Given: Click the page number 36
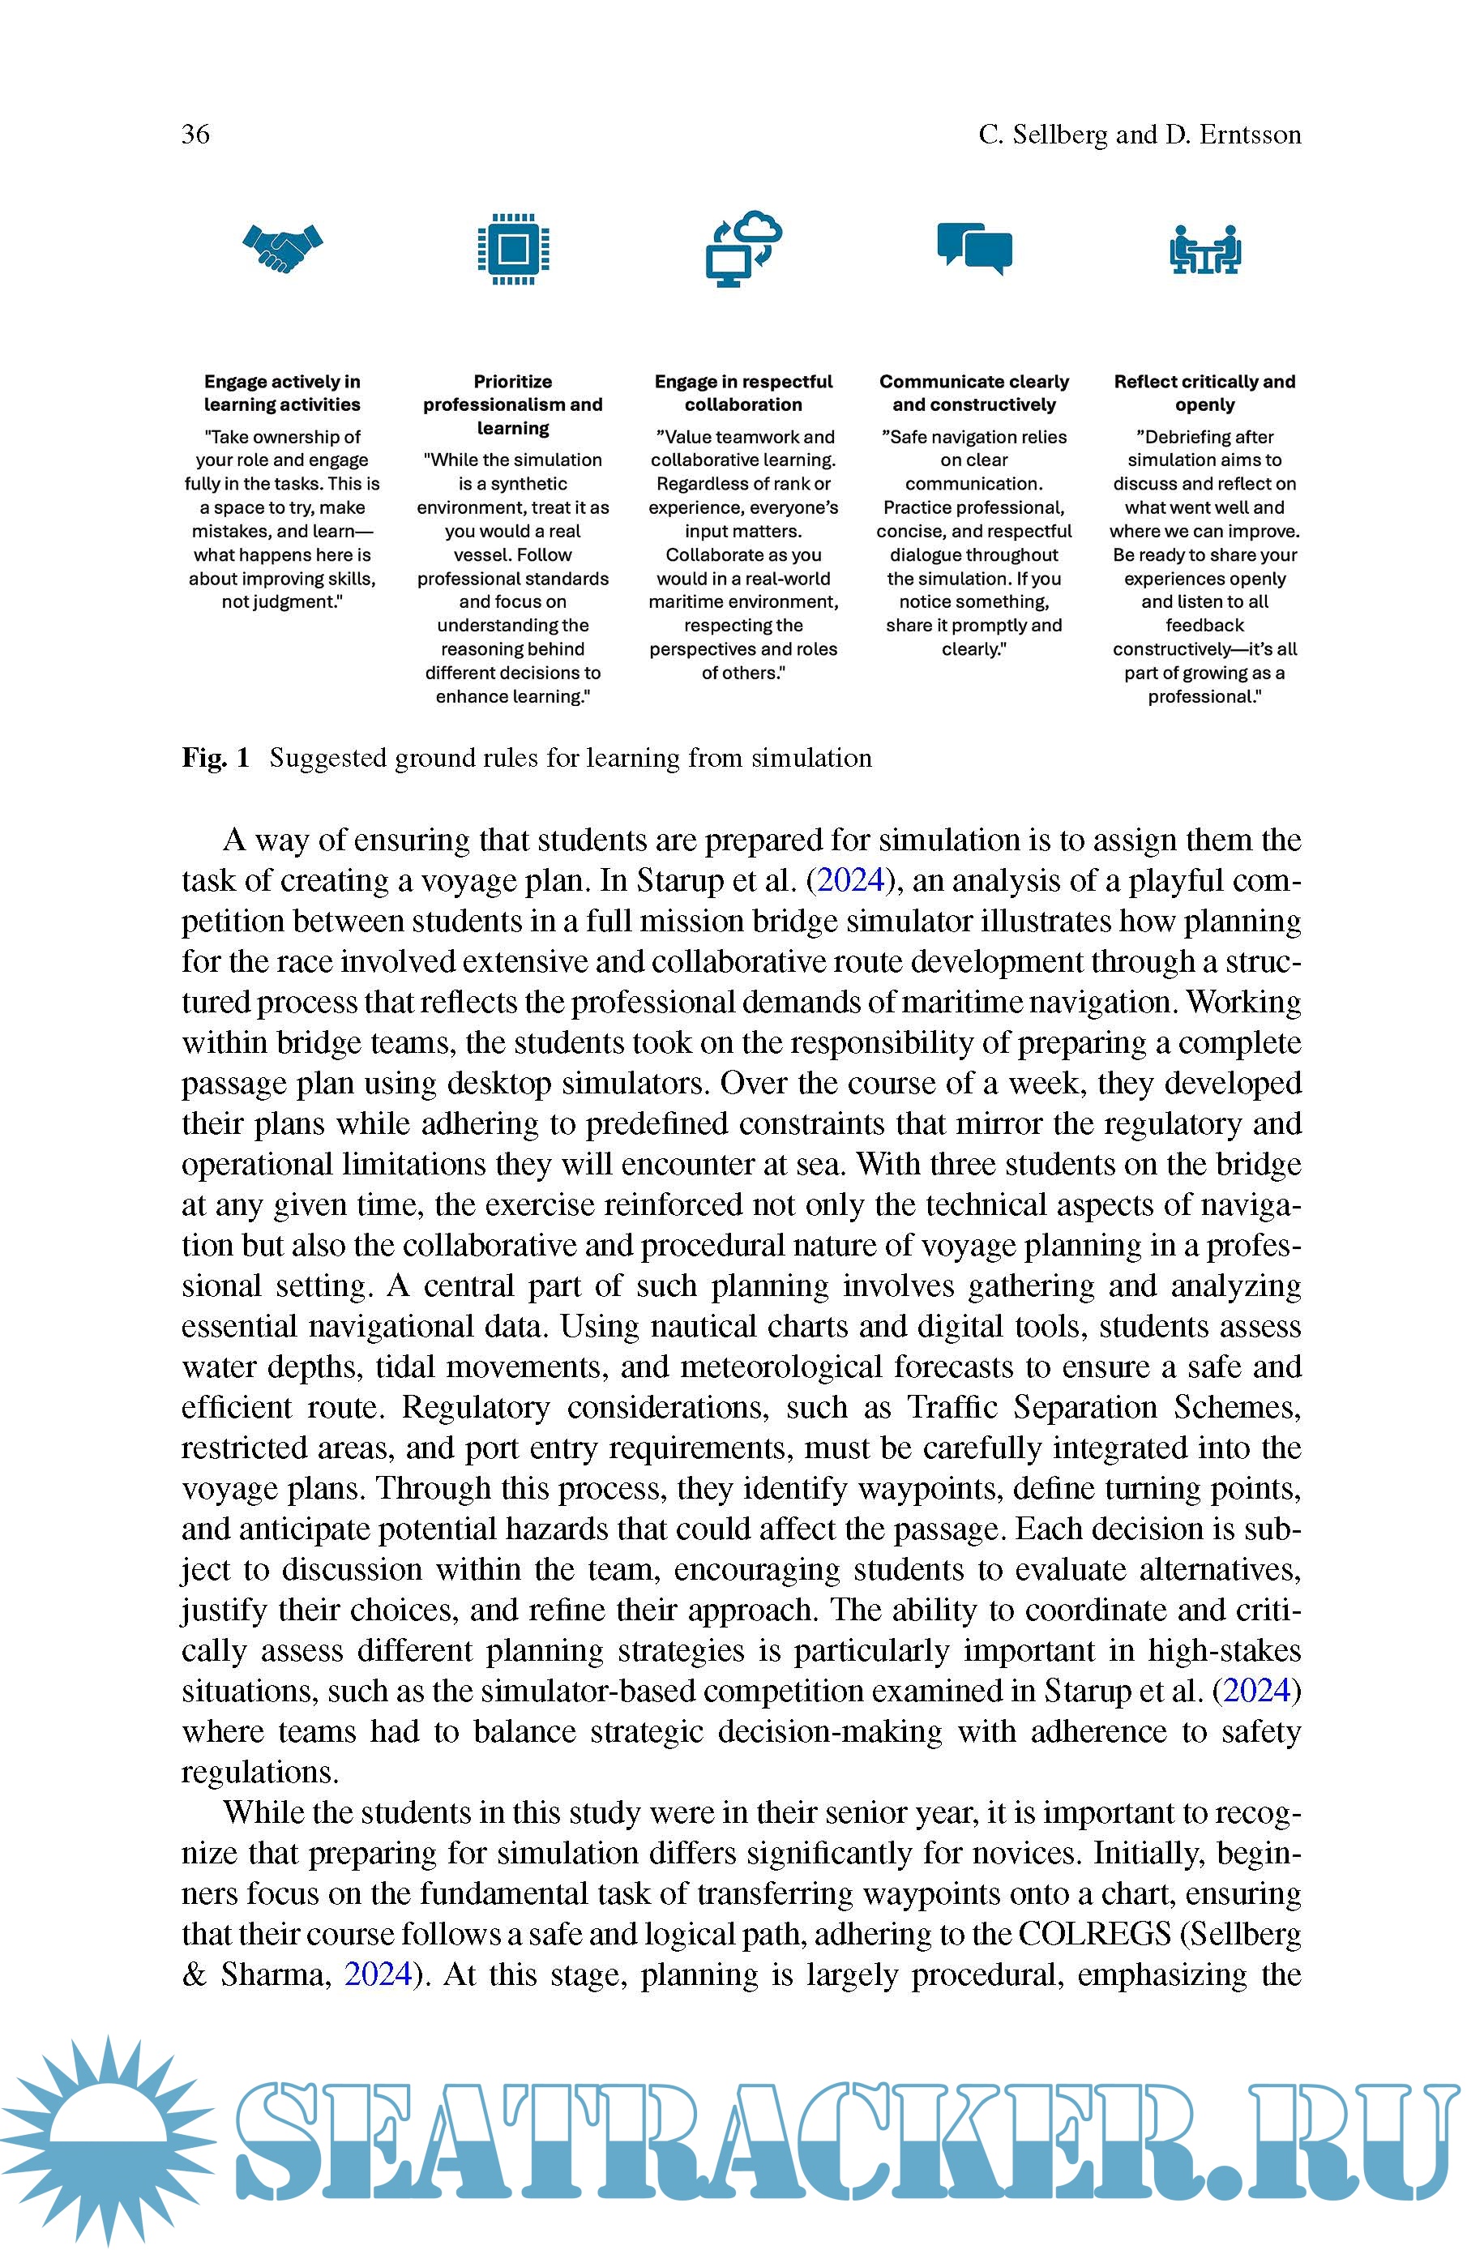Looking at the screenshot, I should [196, 134].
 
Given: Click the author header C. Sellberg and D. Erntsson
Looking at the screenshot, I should [1140, 135].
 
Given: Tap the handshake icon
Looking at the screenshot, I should [282, 249].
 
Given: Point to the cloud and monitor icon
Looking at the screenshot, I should [744, 249].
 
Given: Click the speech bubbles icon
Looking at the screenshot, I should [974, 249].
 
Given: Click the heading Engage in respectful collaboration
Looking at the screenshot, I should [743, 392].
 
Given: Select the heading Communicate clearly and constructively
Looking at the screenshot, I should [974, 392].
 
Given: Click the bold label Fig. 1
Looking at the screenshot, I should [216, 758].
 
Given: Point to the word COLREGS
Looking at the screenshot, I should [1094, 1934].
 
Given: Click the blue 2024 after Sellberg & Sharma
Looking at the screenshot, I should [378, 1974].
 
